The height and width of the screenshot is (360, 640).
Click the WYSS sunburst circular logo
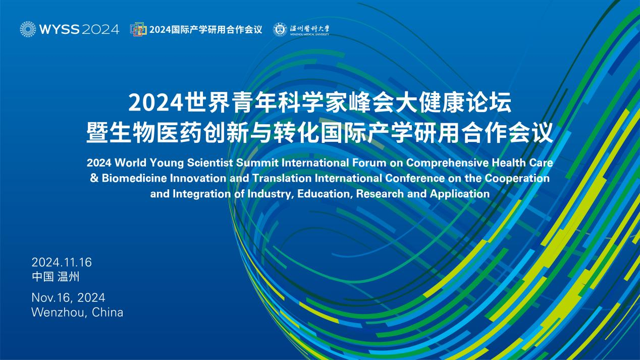(28, 29)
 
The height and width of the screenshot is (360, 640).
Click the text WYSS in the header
(60, 29)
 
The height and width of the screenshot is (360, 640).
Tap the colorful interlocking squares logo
(138, 29)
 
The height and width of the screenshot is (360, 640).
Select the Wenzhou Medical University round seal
(280, 29)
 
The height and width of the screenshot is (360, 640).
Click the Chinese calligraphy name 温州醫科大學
(309, 28)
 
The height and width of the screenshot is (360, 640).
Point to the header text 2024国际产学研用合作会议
(206, 29)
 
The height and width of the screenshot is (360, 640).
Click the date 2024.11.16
(62, 262)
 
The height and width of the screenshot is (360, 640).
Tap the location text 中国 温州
(56, 277)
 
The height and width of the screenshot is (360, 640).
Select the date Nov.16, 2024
(68, 298)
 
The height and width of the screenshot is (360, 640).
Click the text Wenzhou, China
(77, 312)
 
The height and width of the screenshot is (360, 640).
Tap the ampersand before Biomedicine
(94, 178)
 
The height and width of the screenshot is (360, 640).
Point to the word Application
(460, 194)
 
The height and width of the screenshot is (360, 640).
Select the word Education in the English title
(324, 194)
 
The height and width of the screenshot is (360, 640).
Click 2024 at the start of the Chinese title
(156, 103)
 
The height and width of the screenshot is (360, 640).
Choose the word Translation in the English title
(282, 178)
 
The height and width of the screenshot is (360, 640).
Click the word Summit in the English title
(257, 163)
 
